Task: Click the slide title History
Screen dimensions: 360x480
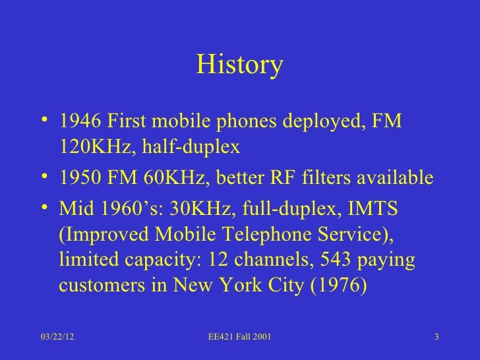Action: tap(240, 66)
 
